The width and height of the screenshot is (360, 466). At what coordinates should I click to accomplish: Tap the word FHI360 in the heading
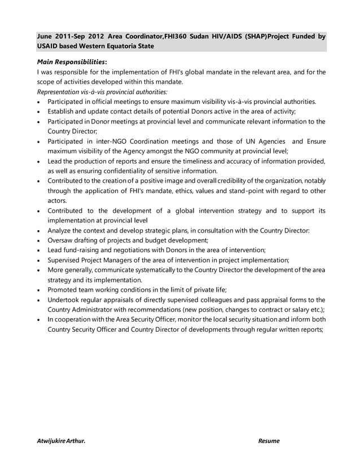point(177,36)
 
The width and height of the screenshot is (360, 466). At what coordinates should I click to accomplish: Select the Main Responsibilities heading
point(72,62)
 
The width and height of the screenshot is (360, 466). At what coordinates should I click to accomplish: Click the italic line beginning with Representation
point(102,91)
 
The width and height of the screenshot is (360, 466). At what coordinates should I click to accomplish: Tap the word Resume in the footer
point(269,441)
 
